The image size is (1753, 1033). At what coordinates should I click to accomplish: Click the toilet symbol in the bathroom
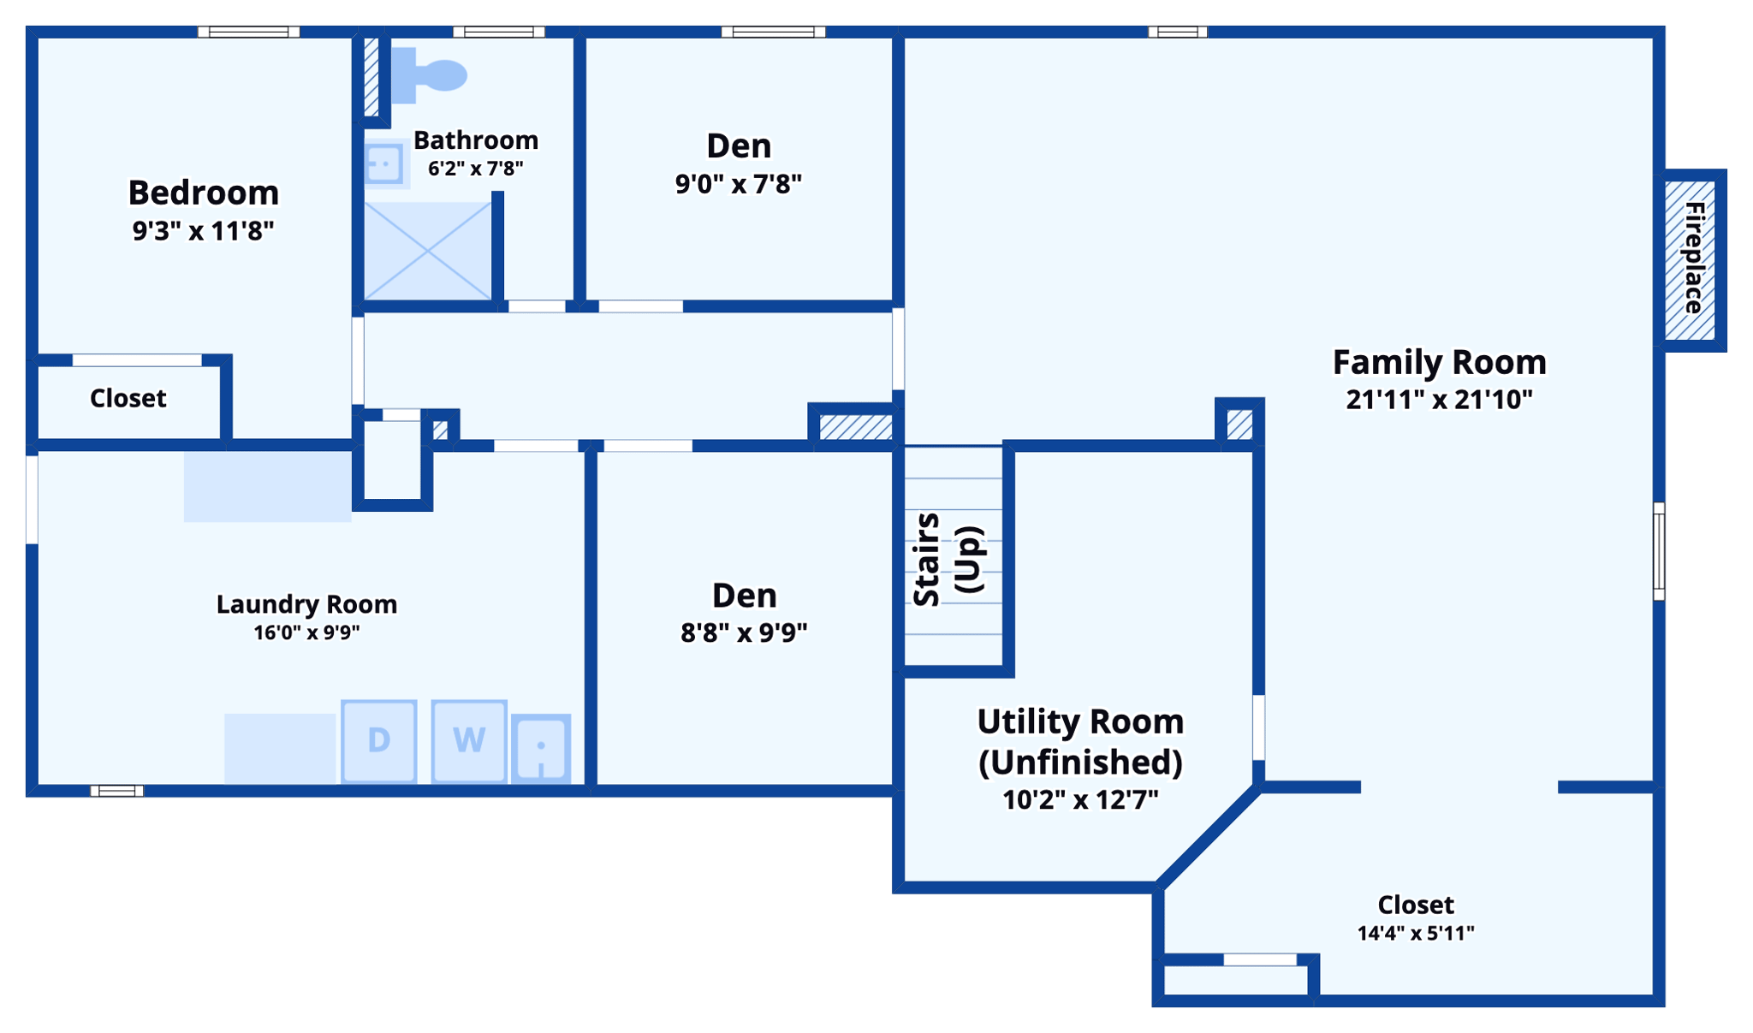pos(429,75)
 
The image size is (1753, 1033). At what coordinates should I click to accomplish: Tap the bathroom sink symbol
pos(384,163)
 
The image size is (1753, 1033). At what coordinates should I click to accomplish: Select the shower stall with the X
pos(428,251)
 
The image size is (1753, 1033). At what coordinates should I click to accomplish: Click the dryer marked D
pos(379,741)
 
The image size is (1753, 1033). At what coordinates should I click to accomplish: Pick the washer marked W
pos(469,741)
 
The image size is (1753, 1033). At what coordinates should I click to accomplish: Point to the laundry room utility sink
pos(541,749)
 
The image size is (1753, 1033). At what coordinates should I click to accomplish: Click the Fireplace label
pos(1694,258)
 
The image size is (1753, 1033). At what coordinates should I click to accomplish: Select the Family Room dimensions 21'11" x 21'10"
pos(1439,400)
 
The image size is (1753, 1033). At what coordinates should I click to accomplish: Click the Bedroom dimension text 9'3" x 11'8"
pos(203,231)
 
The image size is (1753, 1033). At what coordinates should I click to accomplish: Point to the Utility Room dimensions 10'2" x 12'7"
pos(1080,800)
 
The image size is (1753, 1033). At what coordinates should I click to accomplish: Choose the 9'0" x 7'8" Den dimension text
pos(739,184)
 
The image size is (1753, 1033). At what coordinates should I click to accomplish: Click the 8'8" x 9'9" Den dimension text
pos(744,633)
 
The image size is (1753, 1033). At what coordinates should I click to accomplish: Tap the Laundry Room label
pos(306,604)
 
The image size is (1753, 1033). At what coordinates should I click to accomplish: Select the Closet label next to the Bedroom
pos(128,398)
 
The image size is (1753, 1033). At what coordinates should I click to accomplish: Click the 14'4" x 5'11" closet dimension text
pos(1416,933)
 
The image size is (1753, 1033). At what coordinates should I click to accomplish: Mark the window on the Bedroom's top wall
pos(249,32)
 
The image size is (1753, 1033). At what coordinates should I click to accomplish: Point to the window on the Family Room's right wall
pos(1659,551)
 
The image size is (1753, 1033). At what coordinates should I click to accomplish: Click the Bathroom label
pos(476,140)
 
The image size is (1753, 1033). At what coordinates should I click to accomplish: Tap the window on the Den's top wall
pos(774,32)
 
